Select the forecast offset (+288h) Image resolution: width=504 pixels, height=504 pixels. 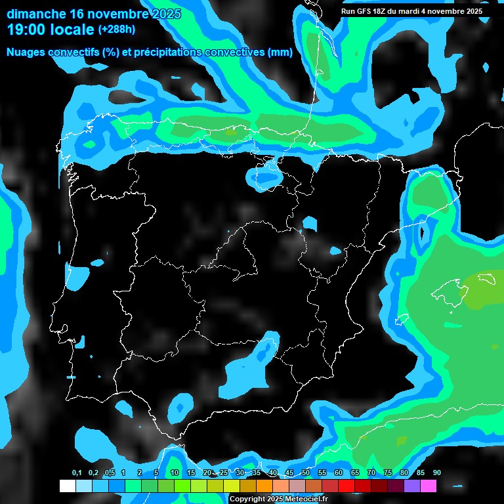coord(117,30)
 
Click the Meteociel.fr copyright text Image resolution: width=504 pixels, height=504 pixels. coord(278,499)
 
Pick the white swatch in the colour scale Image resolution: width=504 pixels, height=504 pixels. coord(67,486)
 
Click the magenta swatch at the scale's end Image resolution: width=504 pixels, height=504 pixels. coord(428,486)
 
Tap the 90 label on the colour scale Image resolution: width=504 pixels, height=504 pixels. coord(436,473)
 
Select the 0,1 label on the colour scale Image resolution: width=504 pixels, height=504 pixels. coord(77,473)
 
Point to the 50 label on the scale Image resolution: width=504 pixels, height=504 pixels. coord(306,473)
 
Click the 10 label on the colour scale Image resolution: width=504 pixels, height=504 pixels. coord(175,473)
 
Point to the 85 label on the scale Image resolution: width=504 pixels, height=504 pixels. coord(421,473)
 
